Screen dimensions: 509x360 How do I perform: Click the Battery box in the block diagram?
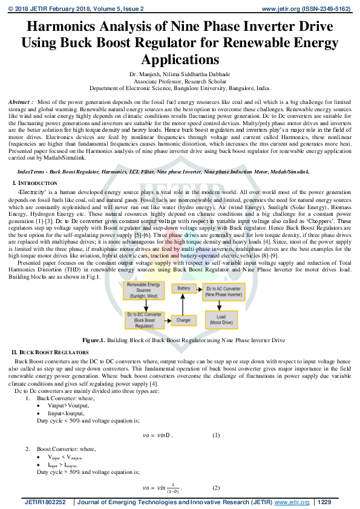[184, 289]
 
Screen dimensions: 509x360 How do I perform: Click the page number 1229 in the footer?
[324, 502]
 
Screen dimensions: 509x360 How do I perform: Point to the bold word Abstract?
[21, 103]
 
